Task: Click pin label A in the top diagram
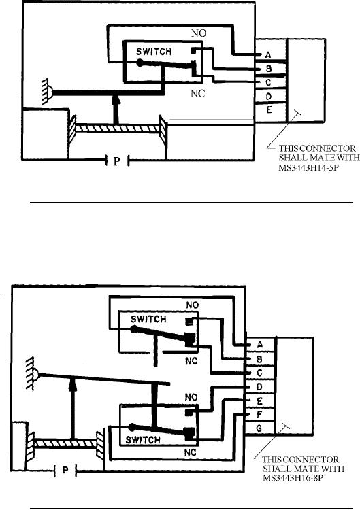pyautogui.click(x=268, y=55)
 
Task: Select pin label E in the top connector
pyautogui.click(x=269, y=110)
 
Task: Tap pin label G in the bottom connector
pyautogui.click(x=259, y=428)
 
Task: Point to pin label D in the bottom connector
pyautogui.click(x=259, y=387)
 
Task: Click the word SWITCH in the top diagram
pyautogui.click(x=154, y=52)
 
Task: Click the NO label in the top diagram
pyautogui.click(x=199, y=33)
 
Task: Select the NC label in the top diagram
pyautogui.click(x=197, y=94)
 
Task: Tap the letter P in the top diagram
pyautogui.click(x=117, y=161)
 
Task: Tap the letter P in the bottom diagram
pyautogui.click(x=65, y=470)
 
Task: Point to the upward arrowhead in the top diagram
pyautogui.click(x=114, y=99)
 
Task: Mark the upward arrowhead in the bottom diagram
pyautogui.click(x=73, y=384)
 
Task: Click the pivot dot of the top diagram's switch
pyautogui.click(x=140, y=63)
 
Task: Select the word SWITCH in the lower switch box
pyautogui.click(x=143, y=440)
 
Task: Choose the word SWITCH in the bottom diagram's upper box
pyautogui.click(x=148, y=319)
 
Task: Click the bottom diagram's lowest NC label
pyautogui.click(x=190, y=452)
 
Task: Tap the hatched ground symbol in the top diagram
pyautogui.click(x=47, y=91)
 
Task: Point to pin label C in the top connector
pyautogui.click(x=268, y=82)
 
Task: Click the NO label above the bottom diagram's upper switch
pyautogui.click(x=193, y=305)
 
